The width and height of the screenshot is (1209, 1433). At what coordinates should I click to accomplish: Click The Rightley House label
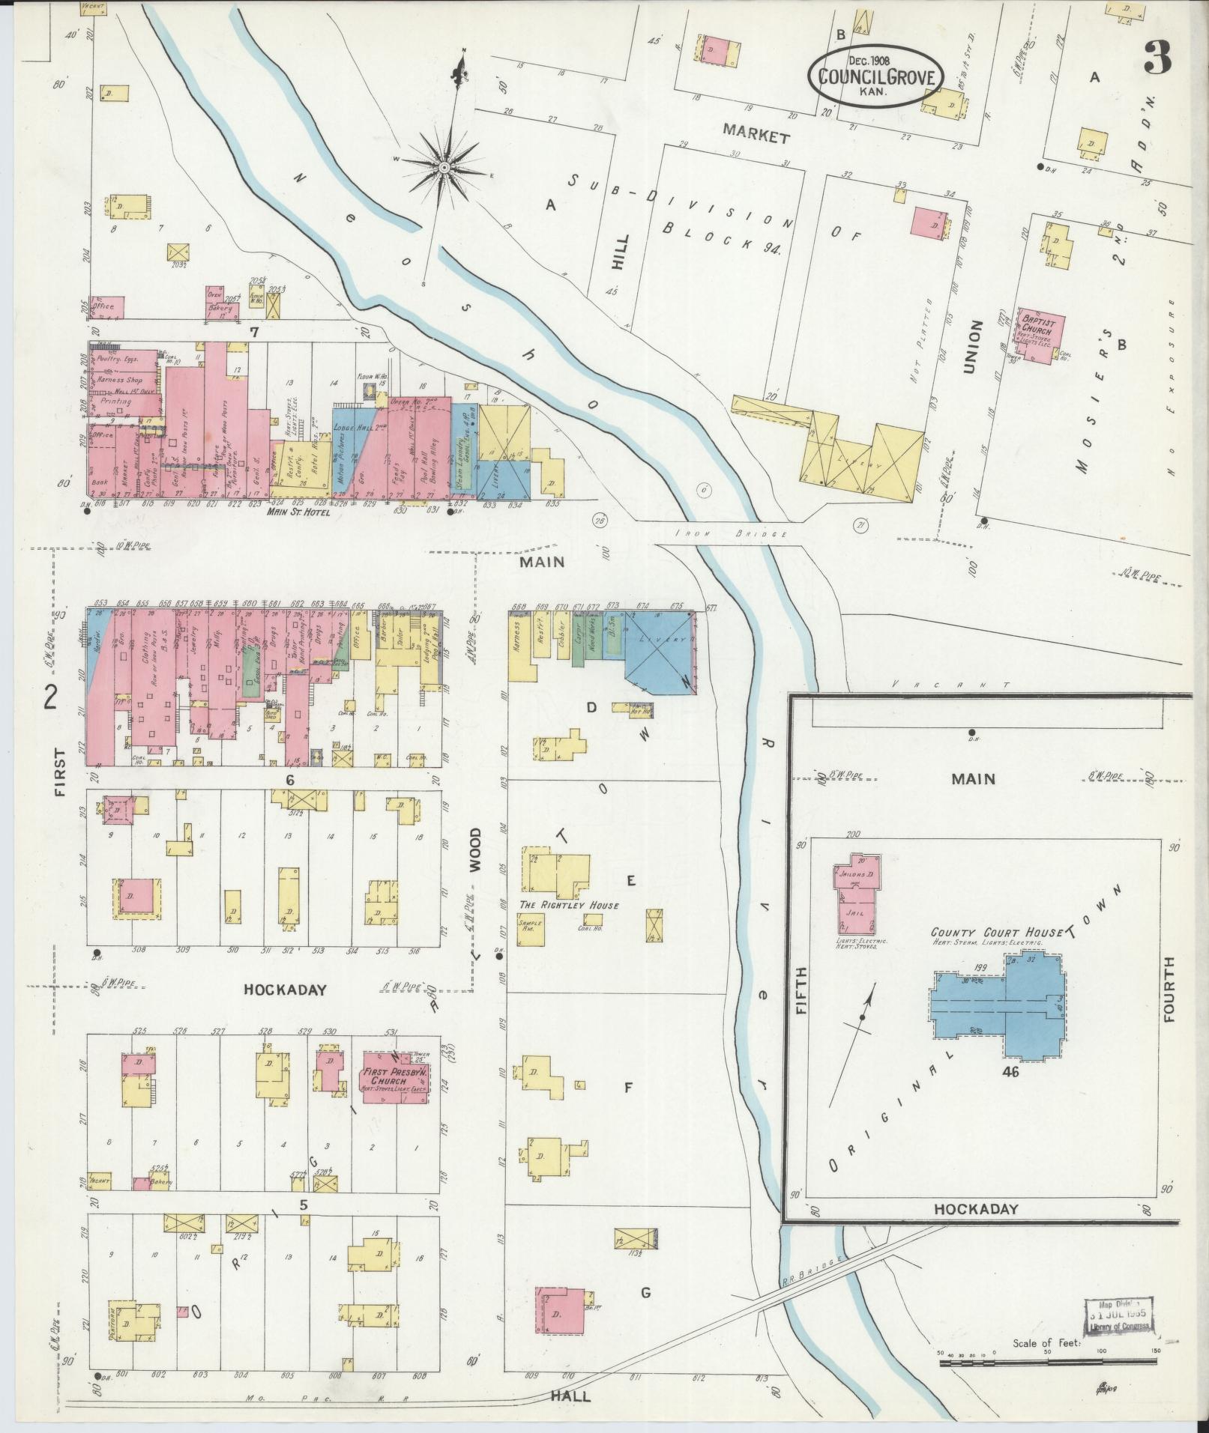click(x=570, y=905)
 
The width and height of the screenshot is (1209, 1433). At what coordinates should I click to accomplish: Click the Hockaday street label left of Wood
click(x=285, y=990)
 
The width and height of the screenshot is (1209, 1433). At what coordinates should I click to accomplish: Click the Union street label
click(x=973, y=345)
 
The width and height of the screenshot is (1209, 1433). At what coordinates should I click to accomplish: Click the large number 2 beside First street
click(x=51, y=697)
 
